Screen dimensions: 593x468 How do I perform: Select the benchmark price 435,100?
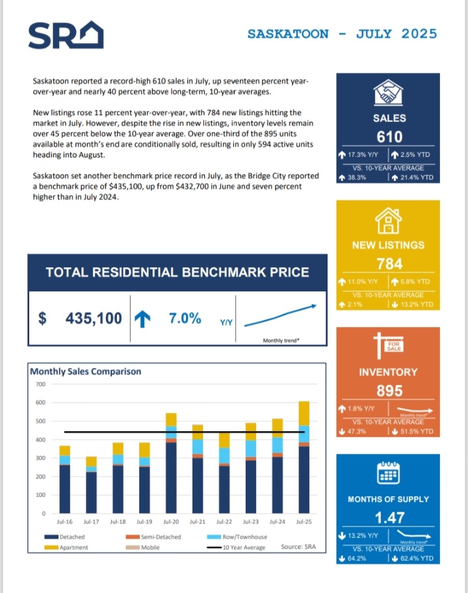(x=94, y=319)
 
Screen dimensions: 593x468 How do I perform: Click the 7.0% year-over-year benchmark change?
(x=185, y=319)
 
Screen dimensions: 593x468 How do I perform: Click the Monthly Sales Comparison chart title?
(x=85, y=371)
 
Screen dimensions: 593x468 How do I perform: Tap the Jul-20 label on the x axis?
(x=171, y=521)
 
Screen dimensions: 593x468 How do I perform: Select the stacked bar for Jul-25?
(x=304, y=458)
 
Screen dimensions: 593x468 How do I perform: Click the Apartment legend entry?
(x=68, y=547)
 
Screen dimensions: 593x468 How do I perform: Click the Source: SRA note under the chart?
(x=302, y=547)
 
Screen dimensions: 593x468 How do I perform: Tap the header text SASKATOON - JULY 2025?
(x=342, y=34)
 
